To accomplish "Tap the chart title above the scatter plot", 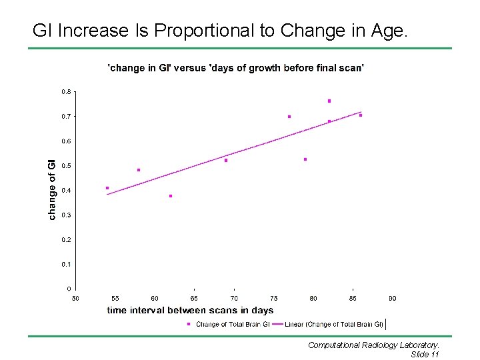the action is tap(236, 67).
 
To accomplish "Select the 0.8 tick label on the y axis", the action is tap(66, 92).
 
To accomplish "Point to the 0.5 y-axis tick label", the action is tap(66, 166).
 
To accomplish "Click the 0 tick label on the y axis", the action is tap(69, 289).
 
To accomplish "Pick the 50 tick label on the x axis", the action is tap(75, 299).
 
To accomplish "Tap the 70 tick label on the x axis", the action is tap(234, 299).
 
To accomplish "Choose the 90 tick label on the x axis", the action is tap(393, 299).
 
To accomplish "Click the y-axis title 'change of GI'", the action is tap(52, 190).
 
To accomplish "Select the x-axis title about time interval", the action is tap(190, 311).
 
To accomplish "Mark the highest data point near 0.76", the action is tap(329, 101).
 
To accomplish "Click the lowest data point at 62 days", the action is tap(171, 196).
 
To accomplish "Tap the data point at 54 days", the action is tap(107, 188).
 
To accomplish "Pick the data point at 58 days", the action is tap(139, 170).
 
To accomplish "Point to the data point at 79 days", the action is tap(305, 159).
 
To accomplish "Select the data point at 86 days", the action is tap(361, 115).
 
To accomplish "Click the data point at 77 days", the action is tap(289, 117).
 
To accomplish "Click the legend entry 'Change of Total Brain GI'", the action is tap(229, 324).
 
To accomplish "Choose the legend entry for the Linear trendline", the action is tap(327, 324).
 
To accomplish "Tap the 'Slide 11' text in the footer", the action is tap(425, 355).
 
